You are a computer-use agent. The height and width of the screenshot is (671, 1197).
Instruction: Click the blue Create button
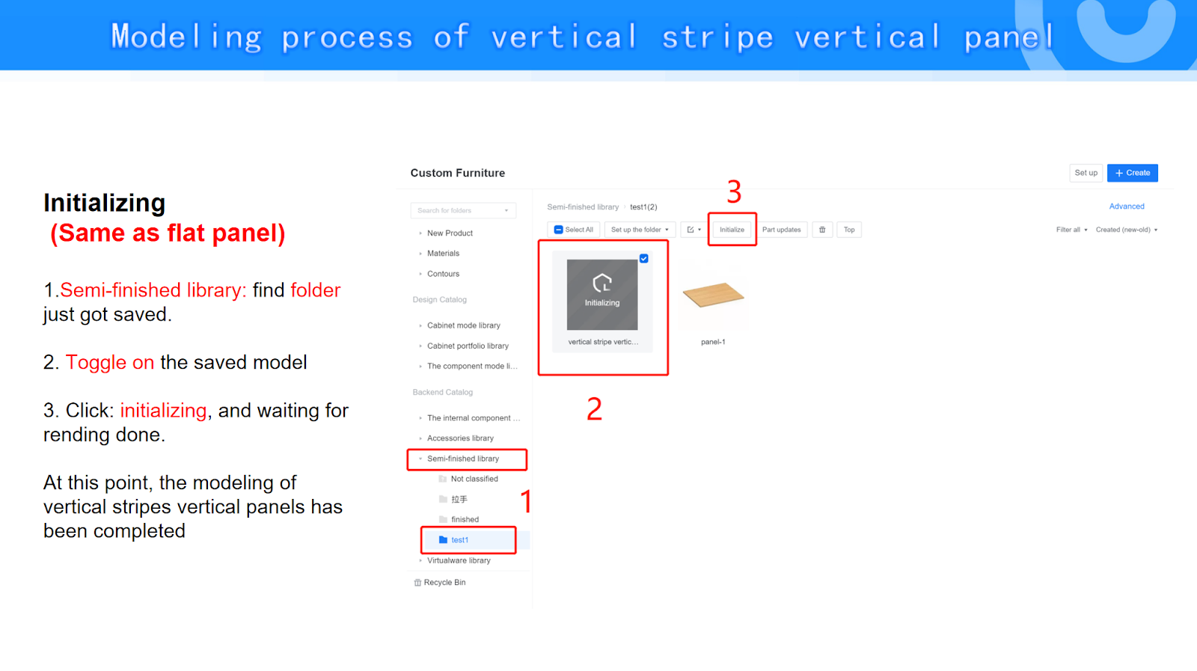(1133, 173)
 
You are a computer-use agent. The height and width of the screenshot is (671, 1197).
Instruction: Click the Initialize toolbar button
(732, 230)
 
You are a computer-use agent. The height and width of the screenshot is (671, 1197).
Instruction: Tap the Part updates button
(781, 230)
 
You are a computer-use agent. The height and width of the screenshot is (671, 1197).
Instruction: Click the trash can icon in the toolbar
(822, 230)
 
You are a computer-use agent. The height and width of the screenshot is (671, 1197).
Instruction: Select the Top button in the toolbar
(849, 230)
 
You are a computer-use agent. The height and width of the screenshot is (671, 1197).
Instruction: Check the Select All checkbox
(558, 230)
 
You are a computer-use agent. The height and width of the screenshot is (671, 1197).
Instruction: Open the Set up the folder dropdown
(640, 230)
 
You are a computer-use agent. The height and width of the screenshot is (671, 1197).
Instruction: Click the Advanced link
(1127, 206)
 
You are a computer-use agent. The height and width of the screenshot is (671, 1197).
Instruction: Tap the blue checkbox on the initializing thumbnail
(644, 259)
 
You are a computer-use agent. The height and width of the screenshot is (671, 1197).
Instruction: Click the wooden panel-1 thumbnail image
(714, 295)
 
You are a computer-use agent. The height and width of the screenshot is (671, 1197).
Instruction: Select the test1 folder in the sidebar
(459, 540)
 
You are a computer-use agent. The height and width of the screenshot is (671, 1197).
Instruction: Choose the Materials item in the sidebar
(443, 254)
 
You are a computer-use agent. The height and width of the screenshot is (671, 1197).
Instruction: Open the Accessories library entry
(460, 438)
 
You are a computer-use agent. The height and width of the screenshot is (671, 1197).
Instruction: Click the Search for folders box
(463, 210)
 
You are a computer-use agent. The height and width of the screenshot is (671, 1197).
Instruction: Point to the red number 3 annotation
(734, 192)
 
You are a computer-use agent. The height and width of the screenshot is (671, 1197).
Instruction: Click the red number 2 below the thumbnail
(594, 409)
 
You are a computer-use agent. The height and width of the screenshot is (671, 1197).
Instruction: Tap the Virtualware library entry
(459, 560)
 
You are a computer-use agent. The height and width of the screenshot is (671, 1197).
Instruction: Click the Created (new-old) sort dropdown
(1127, 230)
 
